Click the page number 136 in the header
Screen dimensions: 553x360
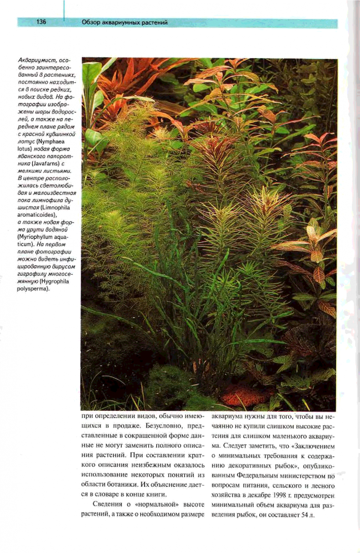point(41,22)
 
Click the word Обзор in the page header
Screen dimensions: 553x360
point(91,23)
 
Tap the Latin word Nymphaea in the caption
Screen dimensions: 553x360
point(51,142)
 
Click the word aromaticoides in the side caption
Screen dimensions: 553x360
point(37,215)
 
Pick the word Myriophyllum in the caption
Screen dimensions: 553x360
point(37,237)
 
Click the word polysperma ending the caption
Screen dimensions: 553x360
point(33,289)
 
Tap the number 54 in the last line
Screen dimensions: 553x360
point(305,516)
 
